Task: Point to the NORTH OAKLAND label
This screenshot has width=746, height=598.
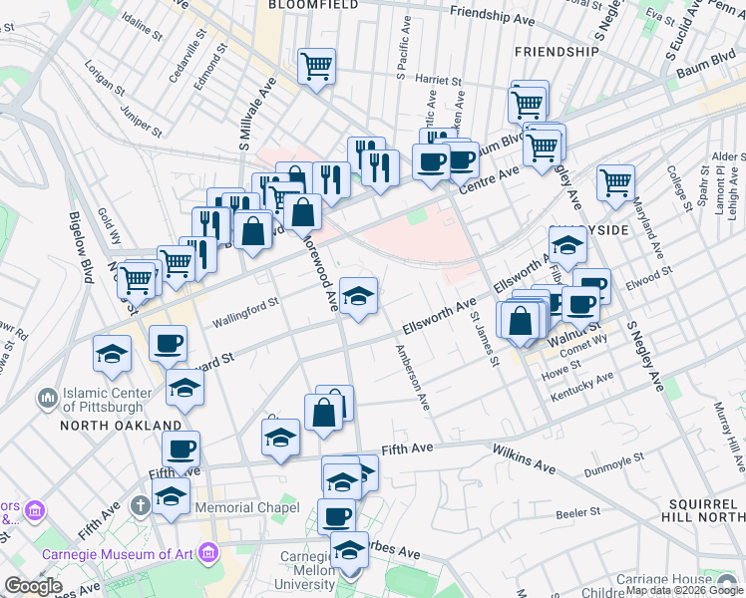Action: coord(120,426)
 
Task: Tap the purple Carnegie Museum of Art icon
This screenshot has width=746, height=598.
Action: coord(208,552)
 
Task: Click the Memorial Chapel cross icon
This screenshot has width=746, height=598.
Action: coord(141,506)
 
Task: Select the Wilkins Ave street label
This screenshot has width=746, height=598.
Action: coord(523,458)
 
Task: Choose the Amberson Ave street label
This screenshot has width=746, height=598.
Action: coord(412,378)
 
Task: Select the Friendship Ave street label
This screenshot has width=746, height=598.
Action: coord(499,13)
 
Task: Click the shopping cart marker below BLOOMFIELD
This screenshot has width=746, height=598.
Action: coord(317,68)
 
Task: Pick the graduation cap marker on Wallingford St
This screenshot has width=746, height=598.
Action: coord(359,295)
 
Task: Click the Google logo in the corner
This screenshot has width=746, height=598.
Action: coord(34,586)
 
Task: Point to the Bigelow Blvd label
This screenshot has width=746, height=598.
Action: coord(81,246)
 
